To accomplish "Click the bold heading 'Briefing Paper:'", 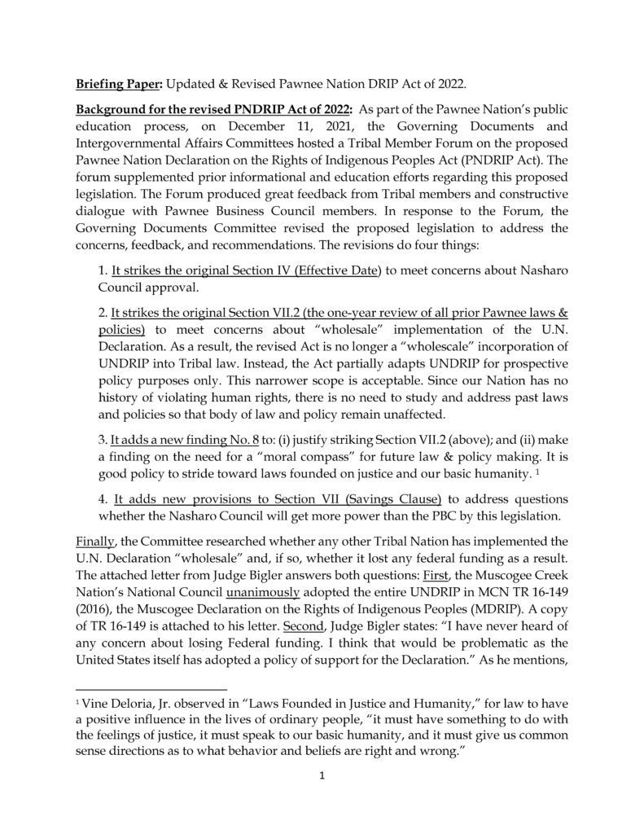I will click(x=115, y=85).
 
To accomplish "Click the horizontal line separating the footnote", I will click(x=155, y=689).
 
